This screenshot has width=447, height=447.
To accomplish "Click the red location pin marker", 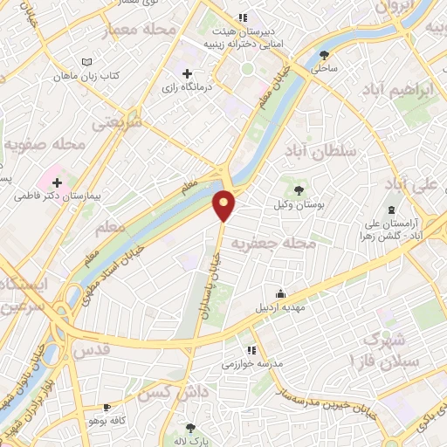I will (224, 204).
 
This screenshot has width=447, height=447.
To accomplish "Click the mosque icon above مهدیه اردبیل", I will (279, 293).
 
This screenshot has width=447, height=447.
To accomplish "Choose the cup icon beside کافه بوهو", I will (107, 407).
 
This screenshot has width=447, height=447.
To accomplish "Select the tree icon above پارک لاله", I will (190, 428).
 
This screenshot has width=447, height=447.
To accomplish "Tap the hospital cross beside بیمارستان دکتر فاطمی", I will (58, 183).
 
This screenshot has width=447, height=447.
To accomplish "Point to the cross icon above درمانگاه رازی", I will (187, 73).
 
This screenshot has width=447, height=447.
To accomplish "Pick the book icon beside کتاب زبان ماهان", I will (85, 63).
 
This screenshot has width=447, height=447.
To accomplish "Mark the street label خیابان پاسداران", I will (210, 285).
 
